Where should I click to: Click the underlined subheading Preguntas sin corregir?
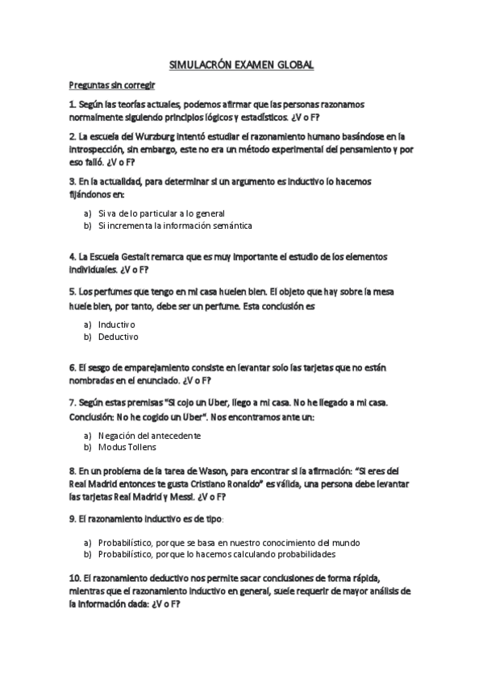(x=111, y=85)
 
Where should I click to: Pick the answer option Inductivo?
(x=117, y=324)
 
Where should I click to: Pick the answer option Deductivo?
(x=119, y=337)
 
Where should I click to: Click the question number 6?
(x=72, y=367)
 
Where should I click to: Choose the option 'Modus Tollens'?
(x=127, y=447)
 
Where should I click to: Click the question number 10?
(x=74, y=579)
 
